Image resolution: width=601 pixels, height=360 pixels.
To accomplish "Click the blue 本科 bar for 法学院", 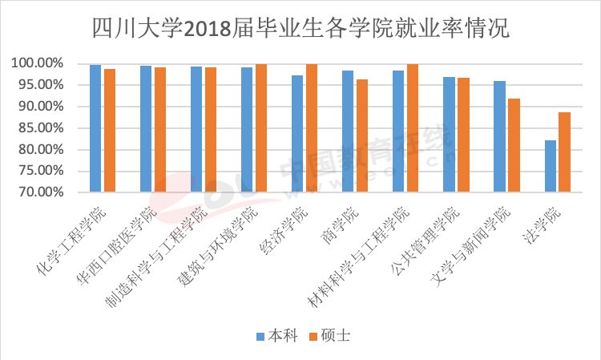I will [550, 166].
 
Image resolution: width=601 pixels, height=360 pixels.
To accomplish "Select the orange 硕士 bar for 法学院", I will [564, 152].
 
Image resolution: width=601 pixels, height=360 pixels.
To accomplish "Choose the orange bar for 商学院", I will [362, 136].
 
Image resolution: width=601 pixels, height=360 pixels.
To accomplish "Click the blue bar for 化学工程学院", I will [95, 128].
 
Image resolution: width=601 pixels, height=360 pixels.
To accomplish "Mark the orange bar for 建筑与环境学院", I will [261, 127].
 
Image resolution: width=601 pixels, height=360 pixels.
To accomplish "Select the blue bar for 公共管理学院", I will [449, 135].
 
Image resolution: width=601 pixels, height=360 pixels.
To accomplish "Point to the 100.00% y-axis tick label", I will [38, 63].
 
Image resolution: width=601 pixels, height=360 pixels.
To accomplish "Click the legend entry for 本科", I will [276, 335].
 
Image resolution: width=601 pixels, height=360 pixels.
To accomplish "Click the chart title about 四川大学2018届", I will [300, 29].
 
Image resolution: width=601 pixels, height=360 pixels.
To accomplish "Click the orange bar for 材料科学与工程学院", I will [413, 127].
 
